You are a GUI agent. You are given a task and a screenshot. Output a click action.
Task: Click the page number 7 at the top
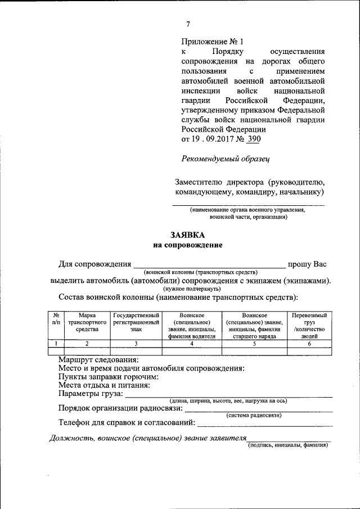(188, 24)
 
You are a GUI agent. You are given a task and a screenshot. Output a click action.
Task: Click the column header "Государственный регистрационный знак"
(136, 323)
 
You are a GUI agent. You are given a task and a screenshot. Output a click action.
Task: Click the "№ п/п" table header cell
(56, 319)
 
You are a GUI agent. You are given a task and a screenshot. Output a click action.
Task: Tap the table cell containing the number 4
(192, 344)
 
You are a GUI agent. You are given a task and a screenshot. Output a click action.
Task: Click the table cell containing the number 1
(56, 344)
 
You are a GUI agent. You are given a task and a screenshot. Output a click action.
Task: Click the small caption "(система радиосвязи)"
(254, 415)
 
